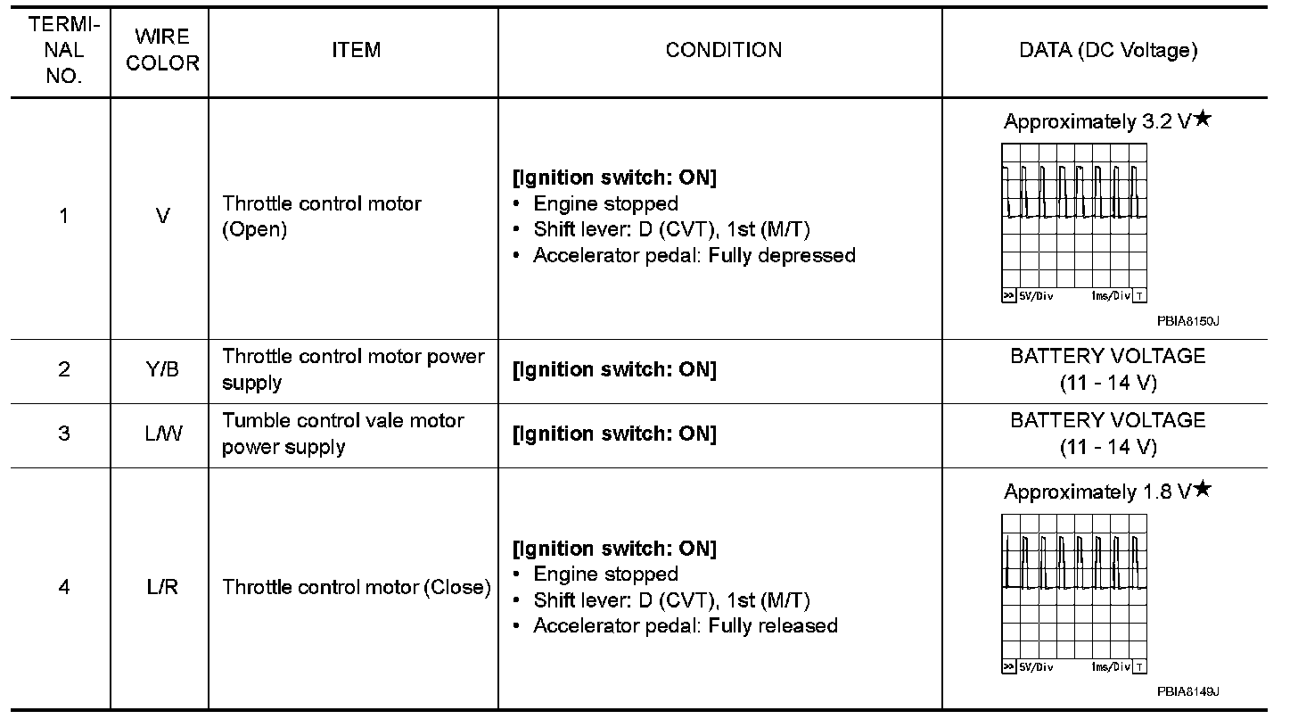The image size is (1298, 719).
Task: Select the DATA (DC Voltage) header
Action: coord(1108,50)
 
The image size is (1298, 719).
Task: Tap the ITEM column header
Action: coord(356,50)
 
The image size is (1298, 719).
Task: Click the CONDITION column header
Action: coord(724,50)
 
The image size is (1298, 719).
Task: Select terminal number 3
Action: coord(64,433)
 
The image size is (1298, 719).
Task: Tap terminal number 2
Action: coord(64,368)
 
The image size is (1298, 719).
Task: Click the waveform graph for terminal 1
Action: coord(1075,223)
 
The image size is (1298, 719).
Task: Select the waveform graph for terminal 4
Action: coord(1075,593)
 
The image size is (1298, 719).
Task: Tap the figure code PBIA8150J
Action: coord(1187,320)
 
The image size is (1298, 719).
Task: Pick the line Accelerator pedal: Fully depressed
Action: coord(694,256)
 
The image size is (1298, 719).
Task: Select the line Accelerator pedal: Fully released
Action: coord(685,626)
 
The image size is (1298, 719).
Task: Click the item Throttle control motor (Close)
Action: coord(357,587)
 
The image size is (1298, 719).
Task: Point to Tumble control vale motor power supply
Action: coord(343,433)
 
